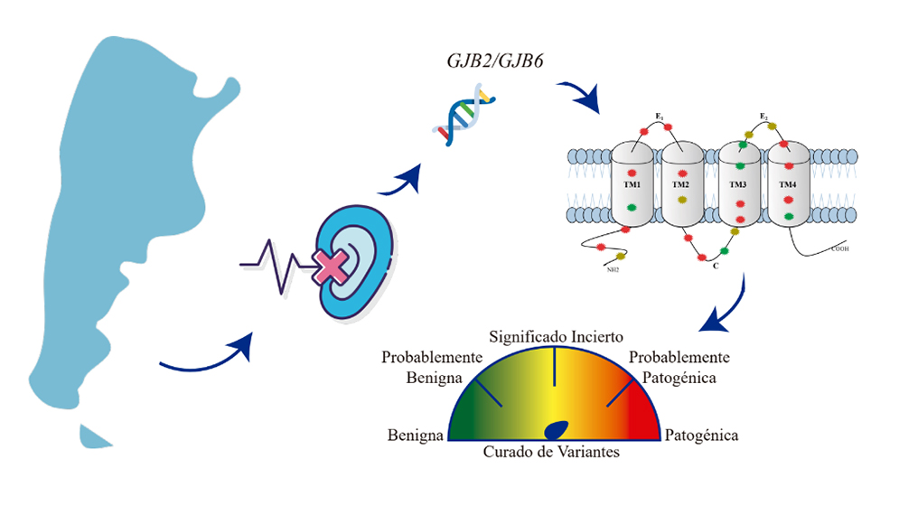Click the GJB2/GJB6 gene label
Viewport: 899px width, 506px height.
(495, 61)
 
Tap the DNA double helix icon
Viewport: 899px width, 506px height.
(464, 115)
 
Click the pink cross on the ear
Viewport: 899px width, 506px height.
(331, 267)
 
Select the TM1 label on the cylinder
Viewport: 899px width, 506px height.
(632, 184)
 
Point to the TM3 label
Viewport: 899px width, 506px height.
(738, 184)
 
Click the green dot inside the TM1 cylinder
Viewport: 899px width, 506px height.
(632, 207)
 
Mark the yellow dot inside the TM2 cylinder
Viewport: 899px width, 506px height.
(681, 200)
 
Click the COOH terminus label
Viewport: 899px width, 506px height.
(840, 249)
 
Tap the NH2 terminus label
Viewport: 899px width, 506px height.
(613, 269)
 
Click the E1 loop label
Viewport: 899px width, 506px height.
(660, 117)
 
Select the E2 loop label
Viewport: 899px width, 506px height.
(763, 117)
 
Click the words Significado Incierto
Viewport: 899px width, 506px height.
(556, 337)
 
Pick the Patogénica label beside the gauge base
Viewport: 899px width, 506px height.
(701, 436)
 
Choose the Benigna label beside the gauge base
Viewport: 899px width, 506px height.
(415, 436)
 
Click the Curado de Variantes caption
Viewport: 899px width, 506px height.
(551, 452)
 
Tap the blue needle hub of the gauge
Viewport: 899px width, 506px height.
(556, 430)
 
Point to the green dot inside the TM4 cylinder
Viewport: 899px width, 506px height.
(789, 216)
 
